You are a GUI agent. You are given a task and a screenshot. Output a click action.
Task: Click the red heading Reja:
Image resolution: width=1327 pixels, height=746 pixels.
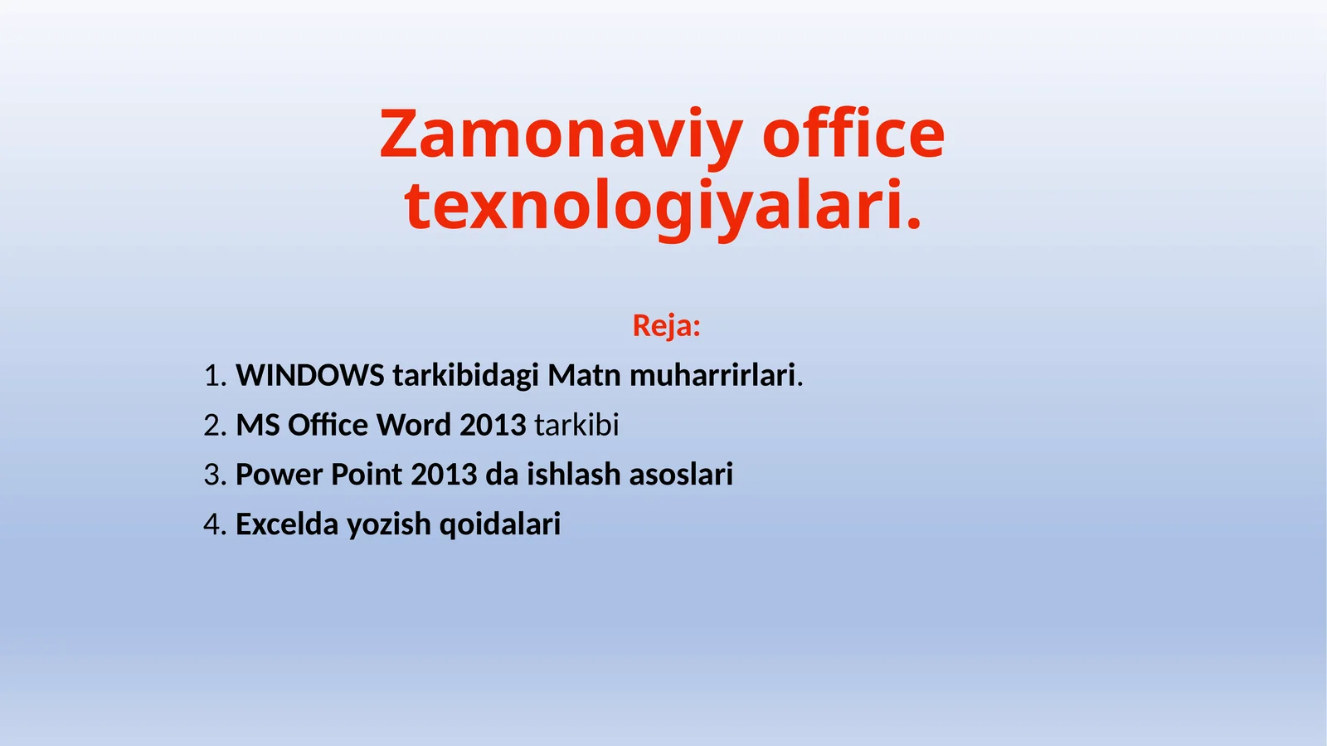pos(666,325)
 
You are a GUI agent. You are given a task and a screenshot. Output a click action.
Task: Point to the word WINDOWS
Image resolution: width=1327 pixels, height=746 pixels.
pos(310,375)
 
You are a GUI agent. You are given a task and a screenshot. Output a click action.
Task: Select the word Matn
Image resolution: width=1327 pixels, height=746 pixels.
pos(584,375)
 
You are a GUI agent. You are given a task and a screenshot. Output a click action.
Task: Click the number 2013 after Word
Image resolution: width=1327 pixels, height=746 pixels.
pos(493,425)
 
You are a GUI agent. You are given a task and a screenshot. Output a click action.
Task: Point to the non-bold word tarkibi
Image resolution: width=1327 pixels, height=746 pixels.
pos(576,425)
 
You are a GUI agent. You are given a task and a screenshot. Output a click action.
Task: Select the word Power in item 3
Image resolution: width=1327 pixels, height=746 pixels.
pos(279,475)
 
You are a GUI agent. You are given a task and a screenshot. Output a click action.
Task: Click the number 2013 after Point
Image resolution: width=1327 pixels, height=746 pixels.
pos(444,475)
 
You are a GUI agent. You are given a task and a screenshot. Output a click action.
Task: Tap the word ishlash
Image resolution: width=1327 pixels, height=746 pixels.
pos(573,475)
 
